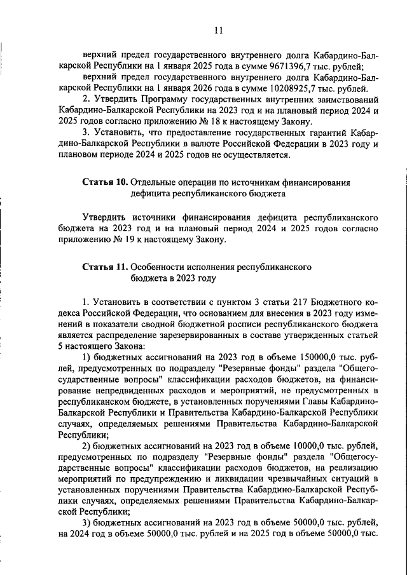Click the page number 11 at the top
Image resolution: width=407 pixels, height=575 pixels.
click(218, 30)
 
